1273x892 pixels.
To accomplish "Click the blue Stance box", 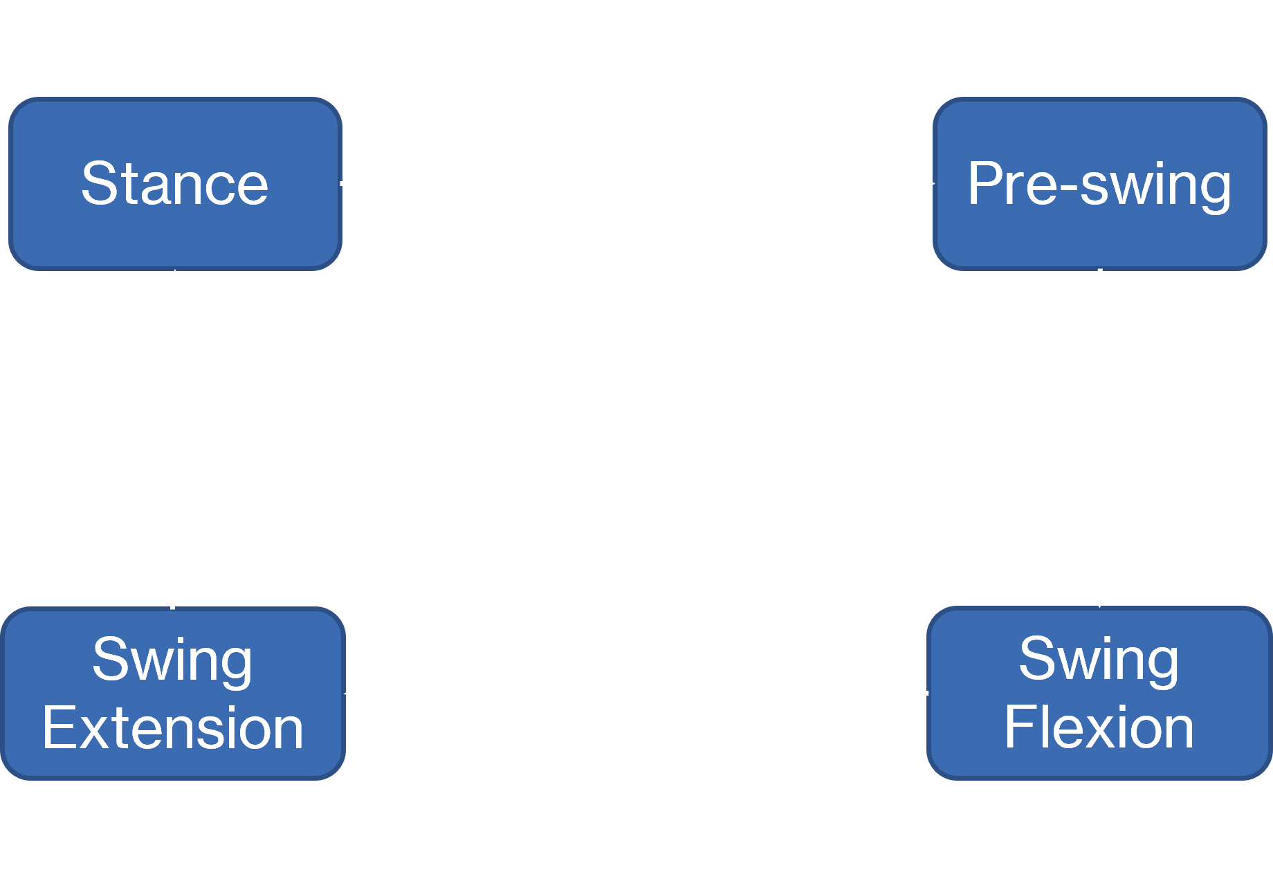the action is pos(175,184).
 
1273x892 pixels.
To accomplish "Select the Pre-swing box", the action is pos(1100,184).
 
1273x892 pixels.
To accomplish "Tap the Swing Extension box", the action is pos(173,694).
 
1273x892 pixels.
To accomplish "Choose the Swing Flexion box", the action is pos(1100,694).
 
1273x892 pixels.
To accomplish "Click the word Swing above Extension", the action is pos(172,662).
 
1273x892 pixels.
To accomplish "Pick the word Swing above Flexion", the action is pos(1099,662).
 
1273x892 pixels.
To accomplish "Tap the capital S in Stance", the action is pos(99,183).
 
